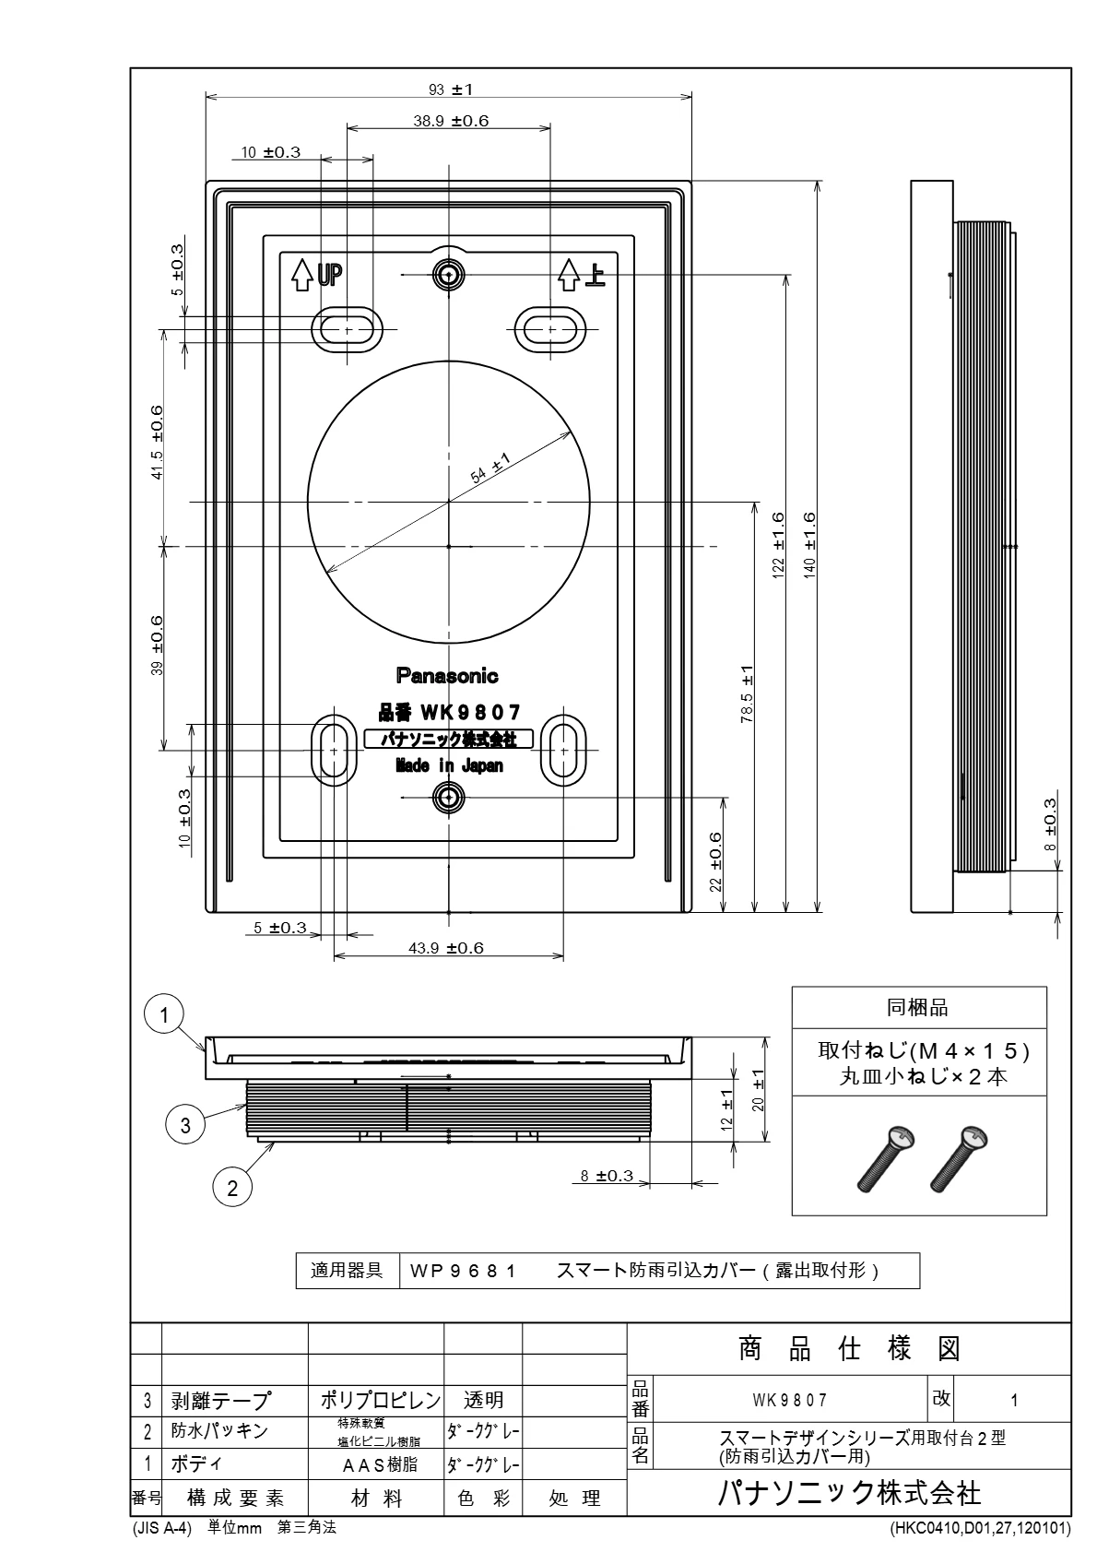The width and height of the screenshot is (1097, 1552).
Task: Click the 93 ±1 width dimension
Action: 450,89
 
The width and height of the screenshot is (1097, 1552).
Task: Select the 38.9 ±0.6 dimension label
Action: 451,121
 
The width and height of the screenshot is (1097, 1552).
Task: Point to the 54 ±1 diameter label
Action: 490,468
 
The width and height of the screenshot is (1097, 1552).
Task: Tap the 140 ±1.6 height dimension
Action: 808,545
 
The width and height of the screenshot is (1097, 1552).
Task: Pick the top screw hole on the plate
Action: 449,275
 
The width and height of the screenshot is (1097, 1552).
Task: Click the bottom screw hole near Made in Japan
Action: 449,798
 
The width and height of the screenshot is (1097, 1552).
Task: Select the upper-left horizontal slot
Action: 347,330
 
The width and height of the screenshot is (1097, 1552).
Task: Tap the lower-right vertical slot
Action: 563,751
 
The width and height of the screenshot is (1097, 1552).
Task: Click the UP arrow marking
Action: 316,275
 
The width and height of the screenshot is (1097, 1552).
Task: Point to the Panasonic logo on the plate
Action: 447,676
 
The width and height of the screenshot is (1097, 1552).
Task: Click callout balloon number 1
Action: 163,1015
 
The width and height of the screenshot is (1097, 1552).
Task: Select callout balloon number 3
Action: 185,1124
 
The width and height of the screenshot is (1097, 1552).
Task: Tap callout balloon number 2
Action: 232,1189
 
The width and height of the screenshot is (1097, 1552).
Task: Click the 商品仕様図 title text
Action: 849,1348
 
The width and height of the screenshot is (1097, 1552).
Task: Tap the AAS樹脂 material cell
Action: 380,1464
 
